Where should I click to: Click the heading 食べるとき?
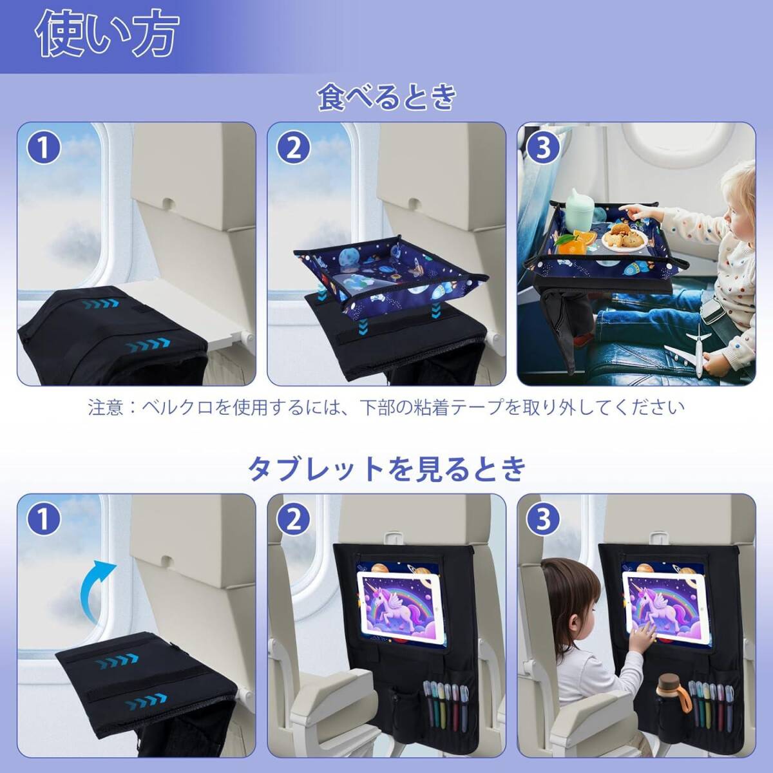[x=386, y=97]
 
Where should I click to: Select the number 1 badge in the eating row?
[x=44, y=148]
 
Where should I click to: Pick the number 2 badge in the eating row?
[x=294, y=148]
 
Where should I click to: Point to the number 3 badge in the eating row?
[x=544, y=148]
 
